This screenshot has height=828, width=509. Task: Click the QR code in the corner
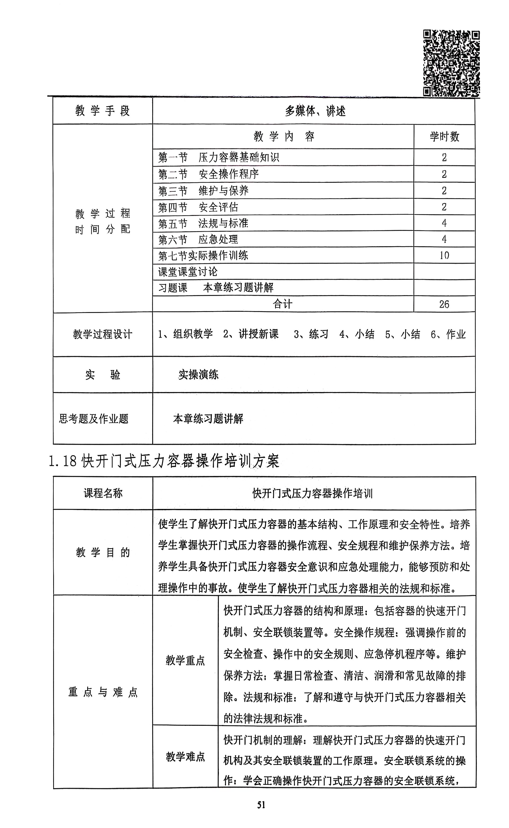[451, 63]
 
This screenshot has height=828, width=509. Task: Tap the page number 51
[261, 804]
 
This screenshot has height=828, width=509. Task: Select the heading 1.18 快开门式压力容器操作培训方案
[164, 461]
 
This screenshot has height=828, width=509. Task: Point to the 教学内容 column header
[284, 137]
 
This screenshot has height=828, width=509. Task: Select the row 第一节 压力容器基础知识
[219, 157]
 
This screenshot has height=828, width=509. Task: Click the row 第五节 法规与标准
[203, 223]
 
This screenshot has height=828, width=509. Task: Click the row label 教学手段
[102, 111]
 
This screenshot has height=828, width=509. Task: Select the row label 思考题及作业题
[94, 419]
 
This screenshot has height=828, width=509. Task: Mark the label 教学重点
[185, 660]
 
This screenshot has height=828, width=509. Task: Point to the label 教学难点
[185, 757]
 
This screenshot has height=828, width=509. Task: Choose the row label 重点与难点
[103, 692]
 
